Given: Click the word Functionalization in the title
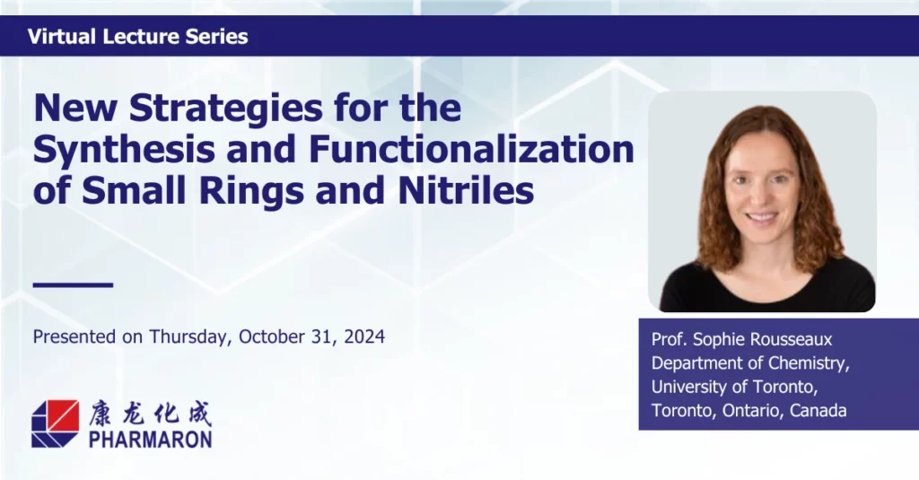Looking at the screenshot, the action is coord(472,149).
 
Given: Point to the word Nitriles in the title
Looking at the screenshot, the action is coord(466,190).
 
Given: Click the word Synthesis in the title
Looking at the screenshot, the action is coord(124,151).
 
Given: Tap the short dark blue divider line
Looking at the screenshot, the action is coord(73,285).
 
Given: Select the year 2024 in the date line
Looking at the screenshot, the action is coord(364,337).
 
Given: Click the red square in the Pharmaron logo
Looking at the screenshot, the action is coord(60,415).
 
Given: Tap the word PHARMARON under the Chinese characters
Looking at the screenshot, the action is coord(151,440).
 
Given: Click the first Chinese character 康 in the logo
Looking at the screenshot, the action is coord(101,414).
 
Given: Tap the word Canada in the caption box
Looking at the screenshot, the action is coord(818,410).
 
